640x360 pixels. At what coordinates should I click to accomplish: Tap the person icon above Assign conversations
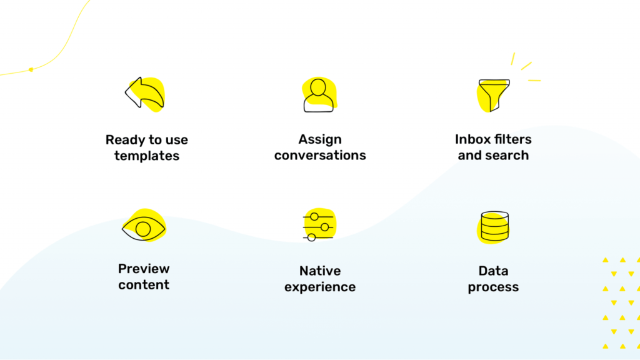point(318,95)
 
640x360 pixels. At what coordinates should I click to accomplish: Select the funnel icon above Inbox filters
point(494,95)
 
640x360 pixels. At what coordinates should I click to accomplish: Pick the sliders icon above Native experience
point(318,226)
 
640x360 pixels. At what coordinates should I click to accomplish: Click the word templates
point(146,156)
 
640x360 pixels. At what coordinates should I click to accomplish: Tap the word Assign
point(320,140)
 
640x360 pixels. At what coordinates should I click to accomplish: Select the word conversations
point(320,156)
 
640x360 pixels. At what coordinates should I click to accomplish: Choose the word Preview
point(144,269)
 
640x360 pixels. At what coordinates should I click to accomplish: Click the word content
point(144,285)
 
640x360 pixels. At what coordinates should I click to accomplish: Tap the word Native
point(320,271)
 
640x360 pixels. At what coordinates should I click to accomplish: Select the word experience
point(320,287)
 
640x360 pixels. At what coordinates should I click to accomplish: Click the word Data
point(493,271)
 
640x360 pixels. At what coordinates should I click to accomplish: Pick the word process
point(493,287)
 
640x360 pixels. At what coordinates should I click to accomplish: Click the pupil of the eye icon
point(143,229)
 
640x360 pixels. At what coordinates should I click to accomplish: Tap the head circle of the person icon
point(318,87)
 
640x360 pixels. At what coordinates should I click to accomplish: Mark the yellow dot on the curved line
point(31,70)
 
